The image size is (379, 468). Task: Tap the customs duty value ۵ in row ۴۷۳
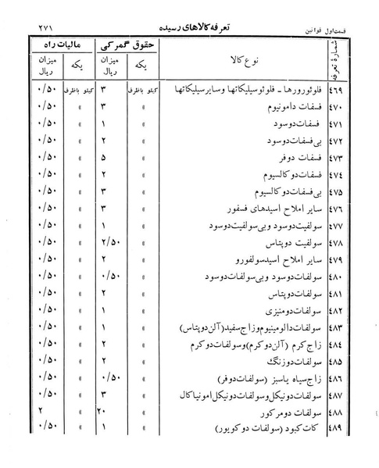103,156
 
